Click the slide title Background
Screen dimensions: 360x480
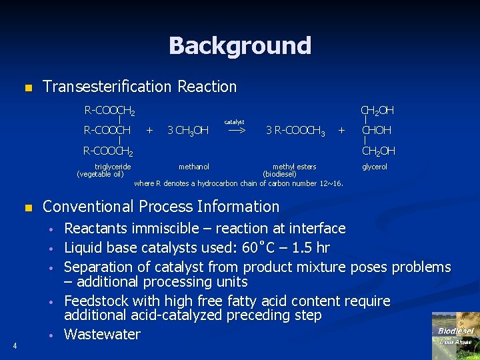[x=240, y=45]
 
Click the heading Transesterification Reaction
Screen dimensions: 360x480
[x=139, y=87]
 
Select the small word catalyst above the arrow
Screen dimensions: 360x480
[x=235, y=122]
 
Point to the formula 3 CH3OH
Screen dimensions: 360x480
[x=187, y=131]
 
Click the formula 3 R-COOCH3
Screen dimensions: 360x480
[x=295, y=131]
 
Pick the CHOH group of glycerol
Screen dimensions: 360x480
[x=377, y=130]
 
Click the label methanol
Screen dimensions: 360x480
[x=194, y=167]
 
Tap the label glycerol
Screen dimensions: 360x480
[x=374, y=167]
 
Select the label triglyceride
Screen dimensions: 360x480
[x=113, y=167]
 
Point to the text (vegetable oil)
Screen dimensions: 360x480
[x=100, y=174]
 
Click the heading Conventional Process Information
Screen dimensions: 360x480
[x=161, y=207]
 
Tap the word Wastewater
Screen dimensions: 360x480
[x=102, y=335]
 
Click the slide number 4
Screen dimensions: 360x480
[x=14, y=345]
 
